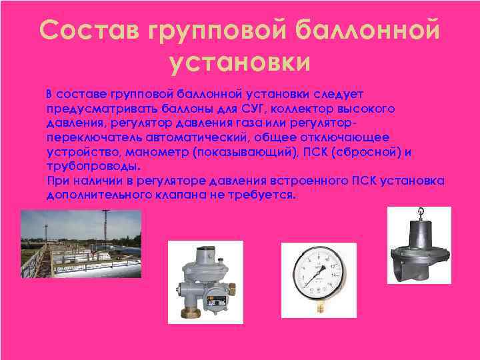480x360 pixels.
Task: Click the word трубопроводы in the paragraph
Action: tap(93, 167)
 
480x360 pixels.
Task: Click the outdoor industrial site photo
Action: tap(81, 244)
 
